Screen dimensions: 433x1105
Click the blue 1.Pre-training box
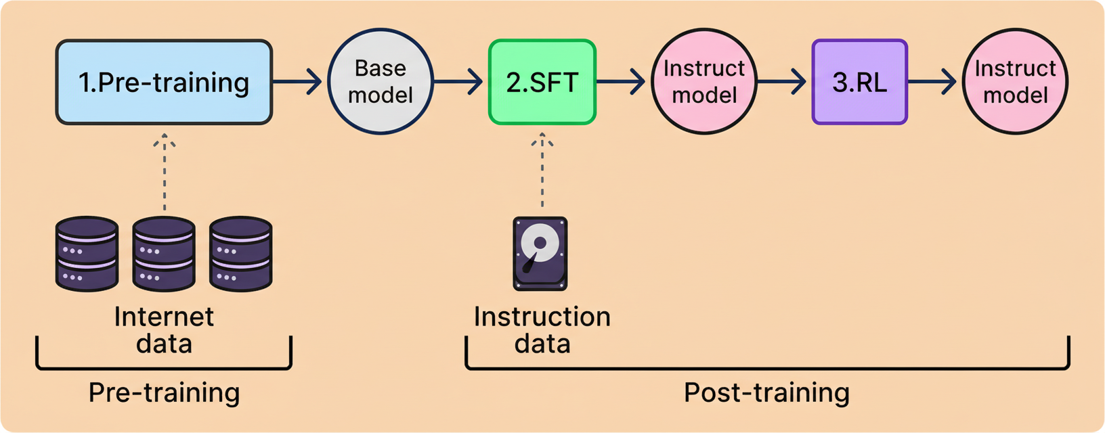[x=164, y=82]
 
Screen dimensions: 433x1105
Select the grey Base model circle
[x=381, y=81]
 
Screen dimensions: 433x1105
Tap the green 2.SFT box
[x=542, y=82]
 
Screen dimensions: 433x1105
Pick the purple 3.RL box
[x=859, y=82]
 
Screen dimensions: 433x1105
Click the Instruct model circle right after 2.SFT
[x=704, y=81]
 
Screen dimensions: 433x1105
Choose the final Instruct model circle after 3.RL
[x=1015, y=81]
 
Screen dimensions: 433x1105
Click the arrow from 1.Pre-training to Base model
[x=298, y=82]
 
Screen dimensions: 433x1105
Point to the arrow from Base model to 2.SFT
[x=459, y=82]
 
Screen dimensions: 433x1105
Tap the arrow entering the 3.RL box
[x=783, y=82]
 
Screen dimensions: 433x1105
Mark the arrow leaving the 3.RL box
[x=933, y=82]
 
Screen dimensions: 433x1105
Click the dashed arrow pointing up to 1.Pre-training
[x=165, y=173]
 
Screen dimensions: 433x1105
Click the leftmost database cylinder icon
[x=87, y=254]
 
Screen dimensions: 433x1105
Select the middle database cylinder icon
[x=164, y=254]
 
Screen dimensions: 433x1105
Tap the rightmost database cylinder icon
[x=241, y=254]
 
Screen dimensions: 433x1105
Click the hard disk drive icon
[x=540, y=254]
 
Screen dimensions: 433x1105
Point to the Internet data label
[x=164, y=330]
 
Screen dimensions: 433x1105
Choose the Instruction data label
[x=542, y=330]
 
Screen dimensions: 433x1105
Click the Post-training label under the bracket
[x=766, y=392]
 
